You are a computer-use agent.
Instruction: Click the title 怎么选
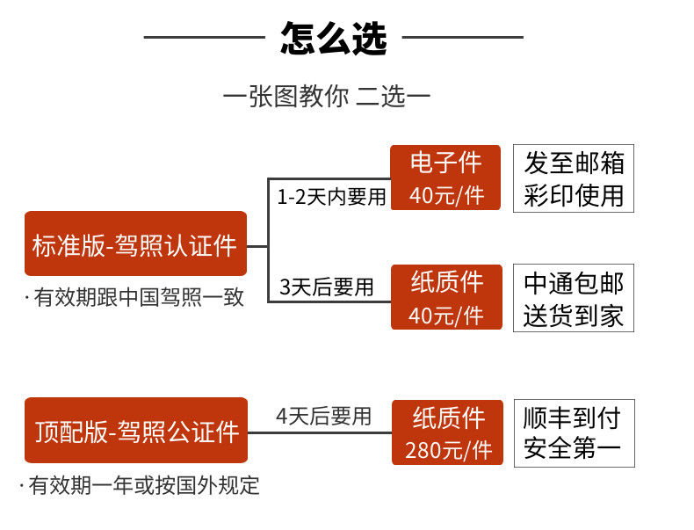click(x=334, y=39)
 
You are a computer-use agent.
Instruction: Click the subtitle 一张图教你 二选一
click(x=327, y=96)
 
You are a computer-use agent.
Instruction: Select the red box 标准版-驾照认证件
click(x=135, y=243)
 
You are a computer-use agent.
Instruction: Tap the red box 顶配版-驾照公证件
click(x=136, y=431)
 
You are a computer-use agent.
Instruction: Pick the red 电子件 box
click(x=445, y=178)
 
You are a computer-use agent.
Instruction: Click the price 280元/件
click(x=448, y=450)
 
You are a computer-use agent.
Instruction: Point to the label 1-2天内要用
click(x=331, y=197)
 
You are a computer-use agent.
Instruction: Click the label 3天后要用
click(x=327, y=287)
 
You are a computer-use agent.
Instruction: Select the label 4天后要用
click(x=323, y=417)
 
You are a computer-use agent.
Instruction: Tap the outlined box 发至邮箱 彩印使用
click(x=574, y=178)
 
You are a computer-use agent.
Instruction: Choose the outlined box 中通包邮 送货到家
click(x=574, y=298)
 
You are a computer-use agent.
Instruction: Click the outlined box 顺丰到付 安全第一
click(x=574, y=433)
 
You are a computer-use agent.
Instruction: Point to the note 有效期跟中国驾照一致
click(x=134, y=297)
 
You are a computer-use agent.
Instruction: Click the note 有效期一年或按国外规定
click(x=140, y=485)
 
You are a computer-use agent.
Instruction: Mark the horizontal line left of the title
click(x=205, y=37)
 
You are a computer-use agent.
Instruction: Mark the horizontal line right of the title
click(x=462, y=37)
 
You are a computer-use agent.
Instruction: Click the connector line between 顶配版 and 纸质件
click(x=320, y=432)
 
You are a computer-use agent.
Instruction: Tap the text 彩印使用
click(x=574, y=195)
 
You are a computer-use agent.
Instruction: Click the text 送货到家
click(x=574, y=316)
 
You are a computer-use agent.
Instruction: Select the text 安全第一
click(x=572, y=448)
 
